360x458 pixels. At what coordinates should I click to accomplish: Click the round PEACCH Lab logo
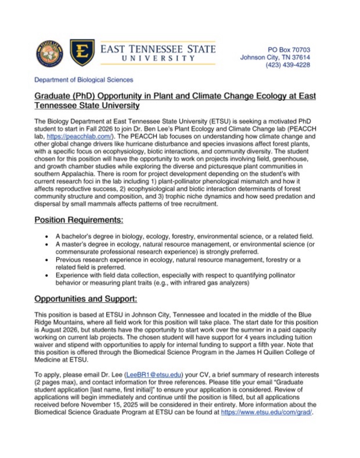pos(50,54)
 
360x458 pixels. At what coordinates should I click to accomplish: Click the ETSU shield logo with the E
pos(82,53)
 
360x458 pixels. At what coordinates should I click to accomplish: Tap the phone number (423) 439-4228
pos(288,65)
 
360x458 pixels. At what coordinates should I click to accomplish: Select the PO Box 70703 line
pos(289,50)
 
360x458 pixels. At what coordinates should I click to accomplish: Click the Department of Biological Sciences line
pos(84,80)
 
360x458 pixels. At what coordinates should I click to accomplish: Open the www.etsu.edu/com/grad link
pos(266,412)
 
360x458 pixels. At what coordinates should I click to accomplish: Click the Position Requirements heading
pos(79,220)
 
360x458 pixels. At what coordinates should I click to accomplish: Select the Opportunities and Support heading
pos(86,299)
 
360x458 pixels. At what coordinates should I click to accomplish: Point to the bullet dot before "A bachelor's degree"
pos(46,237)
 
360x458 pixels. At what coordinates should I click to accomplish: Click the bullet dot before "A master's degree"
pos(46,245)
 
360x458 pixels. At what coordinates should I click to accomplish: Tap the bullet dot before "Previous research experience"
pos(46,260)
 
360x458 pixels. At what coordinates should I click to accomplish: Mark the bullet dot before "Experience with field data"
pos(46,275)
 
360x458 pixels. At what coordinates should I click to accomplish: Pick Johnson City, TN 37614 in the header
pos(275,57)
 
